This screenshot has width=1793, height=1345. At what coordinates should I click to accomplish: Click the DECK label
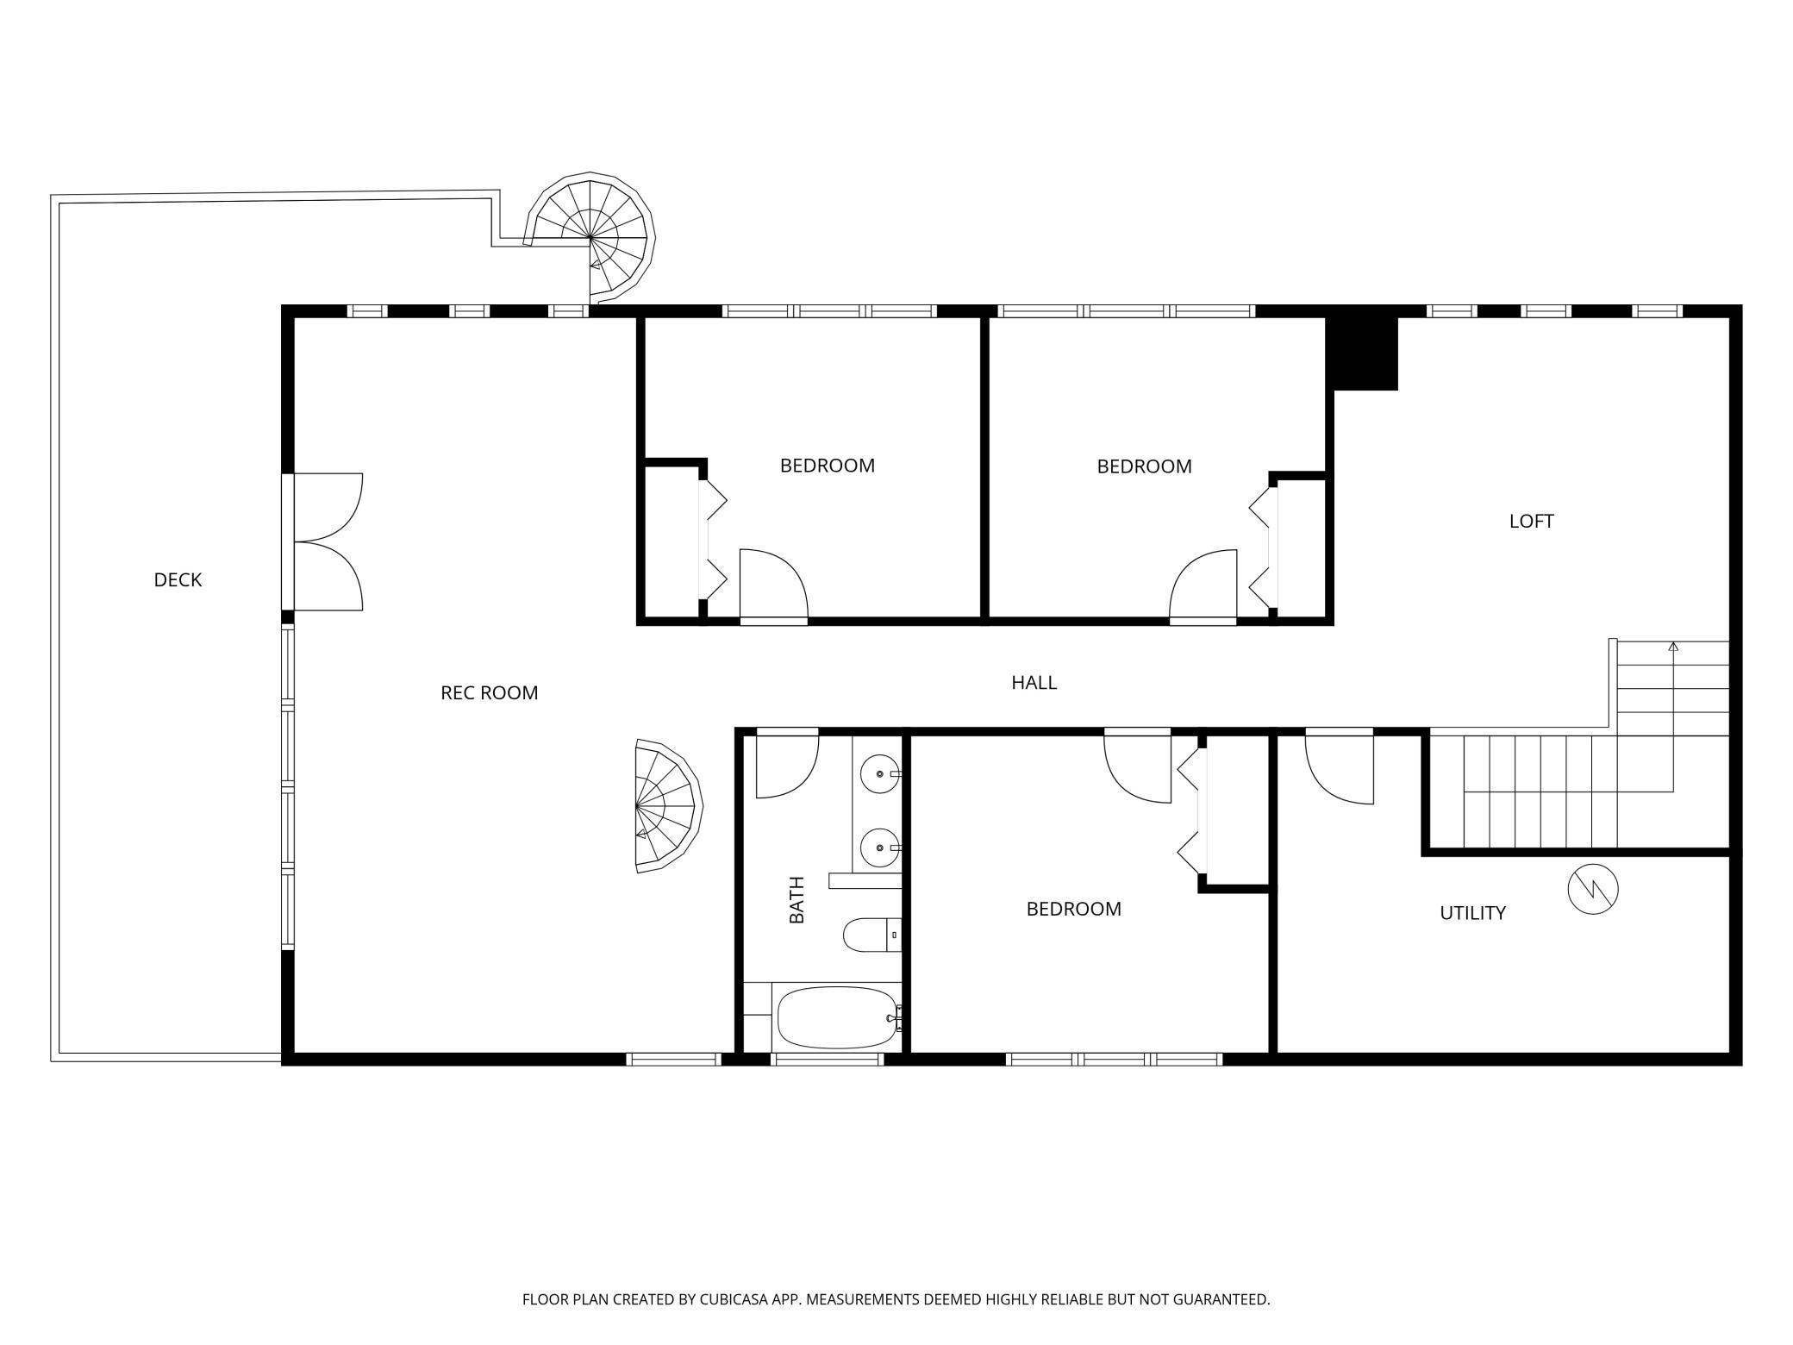coord(178,580)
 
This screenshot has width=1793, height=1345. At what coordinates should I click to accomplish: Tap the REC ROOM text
coord(489,693)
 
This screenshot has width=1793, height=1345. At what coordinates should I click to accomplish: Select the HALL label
coord(1034,683)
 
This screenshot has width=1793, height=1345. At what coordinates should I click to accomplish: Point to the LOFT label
coord(1531,522)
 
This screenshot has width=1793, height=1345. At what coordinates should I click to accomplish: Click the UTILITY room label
coord(1472,913)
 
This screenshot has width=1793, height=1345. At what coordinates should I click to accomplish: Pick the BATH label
coord(797,900)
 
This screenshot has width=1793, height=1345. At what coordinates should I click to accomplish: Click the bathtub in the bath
coord(837,1017)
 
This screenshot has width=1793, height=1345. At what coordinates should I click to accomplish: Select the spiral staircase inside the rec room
coord(669,806)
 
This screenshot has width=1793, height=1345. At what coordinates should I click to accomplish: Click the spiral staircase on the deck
coord(590,237)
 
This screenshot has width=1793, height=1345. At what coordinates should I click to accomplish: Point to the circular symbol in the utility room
coord(1592,889)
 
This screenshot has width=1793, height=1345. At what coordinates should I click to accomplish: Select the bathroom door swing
coord(787,764)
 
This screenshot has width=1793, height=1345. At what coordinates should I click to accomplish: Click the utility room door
coord(1339,766)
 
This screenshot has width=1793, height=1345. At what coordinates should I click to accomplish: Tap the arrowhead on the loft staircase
coord(1673,646)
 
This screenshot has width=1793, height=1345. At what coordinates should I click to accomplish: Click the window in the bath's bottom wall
coord(828,1059)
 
